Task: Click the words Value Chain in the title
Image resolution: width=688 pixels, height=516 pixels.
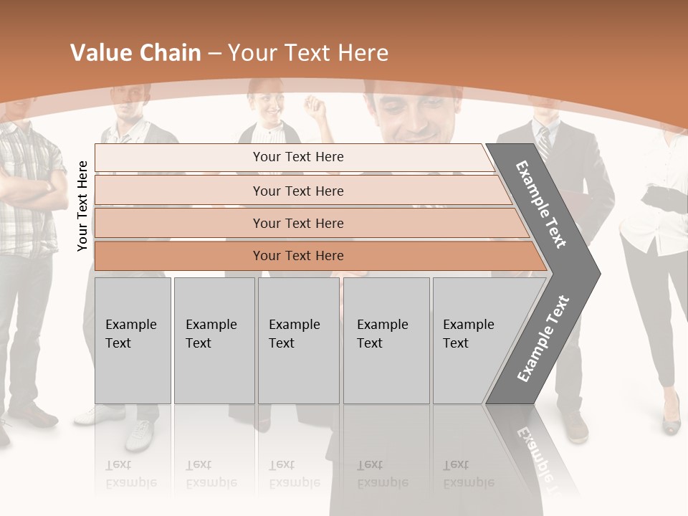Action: click(135, 53)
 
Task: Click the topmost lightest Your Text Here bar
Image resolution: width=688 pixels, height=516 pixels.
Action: click(297, 157)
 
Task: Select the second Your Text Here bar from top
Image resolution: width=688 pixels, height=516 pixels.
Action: click(297, 191)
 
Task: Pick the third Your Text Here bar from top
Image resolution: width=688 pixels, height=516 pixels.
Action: click(297, 223)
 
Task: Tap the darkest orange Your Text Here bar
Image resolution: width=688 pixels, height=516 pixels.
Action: click(297, 256)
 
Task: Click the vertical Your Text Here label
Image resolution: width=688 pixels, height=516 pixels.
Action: click(82, 206)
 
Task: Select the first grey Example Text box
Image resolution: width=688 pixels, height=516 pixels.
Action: click(133, 340)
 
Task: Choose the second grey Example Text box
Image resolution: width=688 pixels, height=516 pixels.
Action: click(214, 340)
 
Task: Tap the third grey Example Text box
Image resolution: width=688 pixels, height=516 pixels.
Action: click(298, 340)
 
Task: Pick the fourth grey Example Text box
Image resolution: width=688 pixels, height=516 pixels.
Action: click(386, 340)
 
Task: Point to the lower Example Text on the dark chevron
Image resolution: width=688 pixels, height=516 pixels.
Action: click(543, 338)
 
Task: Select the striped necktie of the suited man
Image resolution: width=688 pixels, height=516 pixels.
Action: click(545, 143)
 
